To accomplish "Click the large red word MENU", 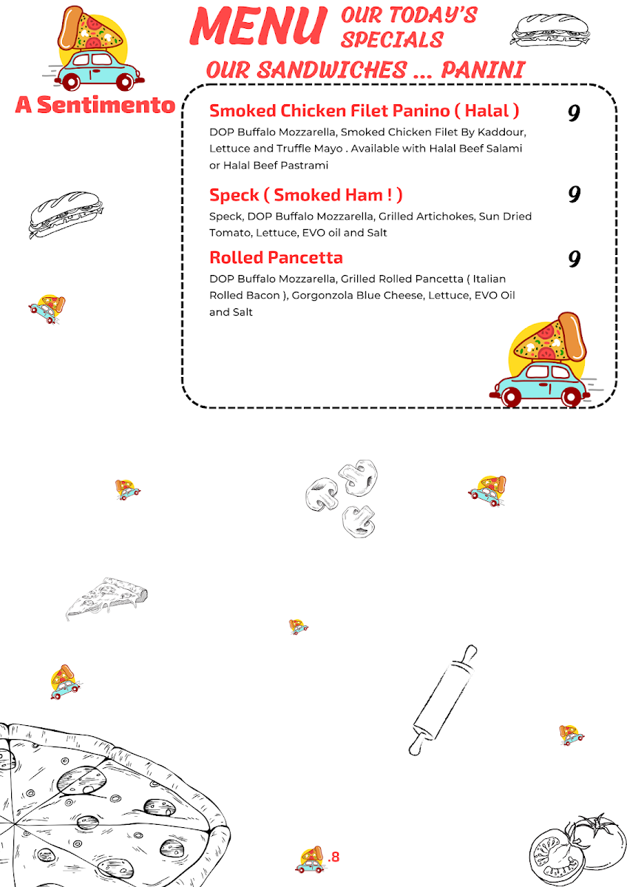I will click(258, 27).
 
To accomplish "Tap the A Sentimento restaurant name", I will click(95, 105).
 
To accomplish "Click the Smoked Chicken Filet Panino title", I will click(364, 111).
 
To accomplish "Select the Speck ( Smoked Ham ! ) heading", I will click(305, 195).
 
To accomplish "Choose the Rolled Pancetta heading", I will click(276, 258).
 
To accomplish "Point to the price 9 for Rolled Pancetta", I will click(574, 259).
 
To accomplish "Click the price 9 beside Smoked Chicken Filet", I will click(574, 113).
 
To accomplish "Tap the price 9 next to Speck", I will click(574, 195).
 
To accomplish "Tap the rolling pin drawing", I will click(444, 699).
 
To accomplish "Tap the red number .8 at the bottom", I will click(333, 857).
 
